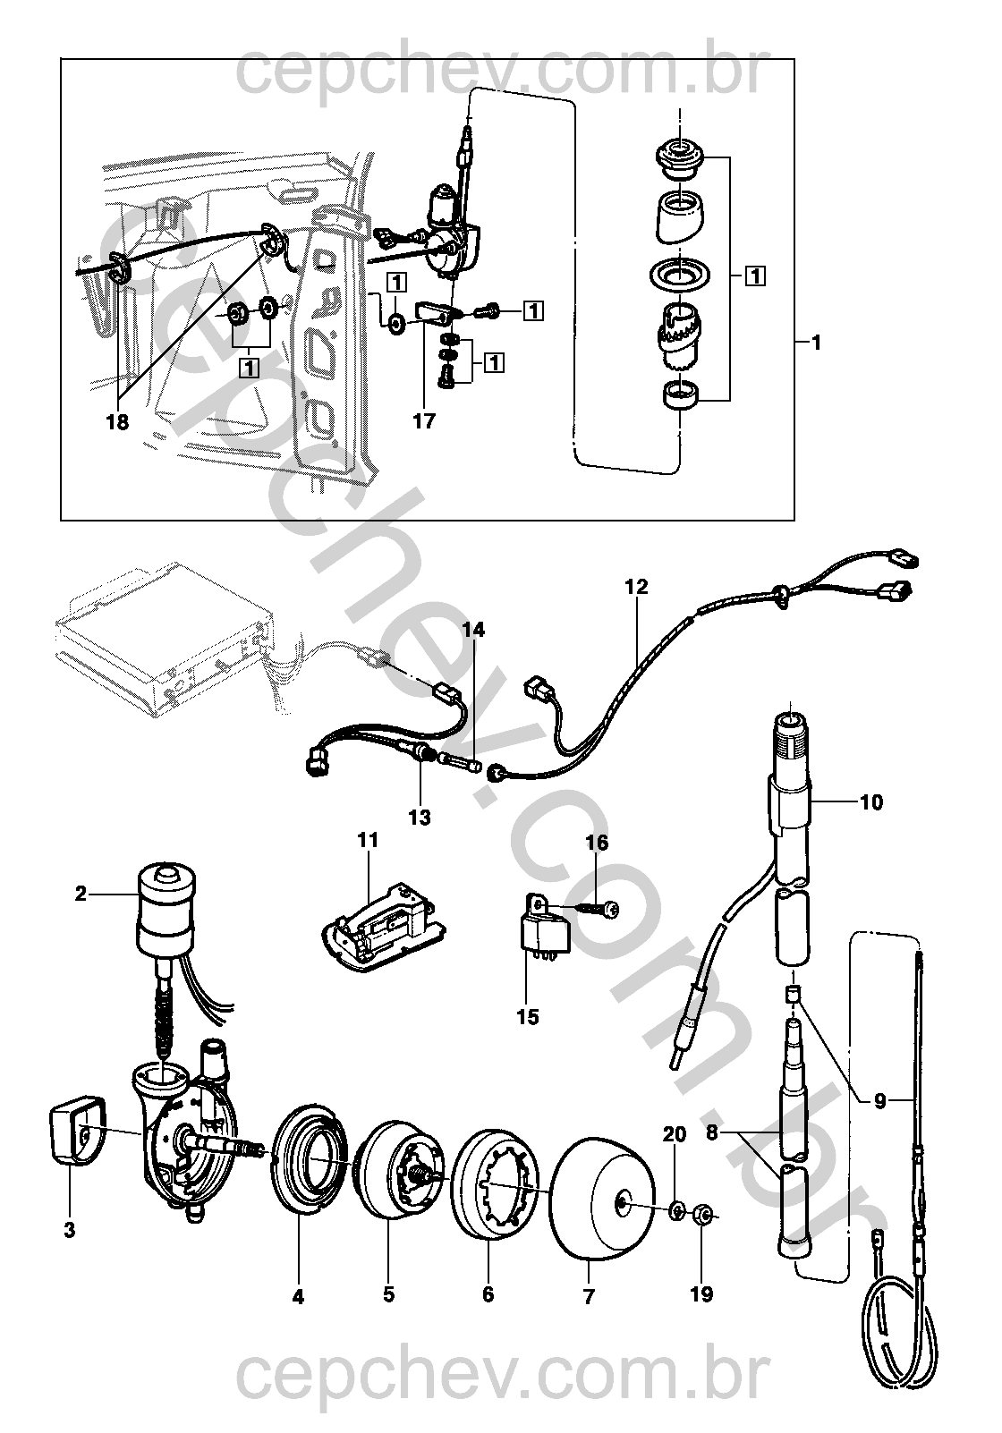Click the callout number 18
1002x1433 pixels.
(x=118, y=422)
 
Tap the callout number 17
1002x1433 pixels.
(x=424, y=421)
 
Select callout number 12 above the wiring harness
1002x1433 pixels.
(x=637, y=586)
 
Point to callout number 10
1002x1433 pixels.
(x=871, y=801)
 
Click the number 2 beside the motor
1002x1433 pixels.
(x=81, y=894)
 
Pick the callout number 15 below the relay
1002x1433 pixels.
(x=528, y=1016)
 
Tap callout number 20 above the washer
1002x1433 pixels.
(x=675, y=1133)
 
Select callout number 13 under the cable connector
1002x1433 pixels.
(x=420, y=817)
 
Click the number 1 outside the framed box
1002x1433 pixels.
(x=816, y=343)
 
